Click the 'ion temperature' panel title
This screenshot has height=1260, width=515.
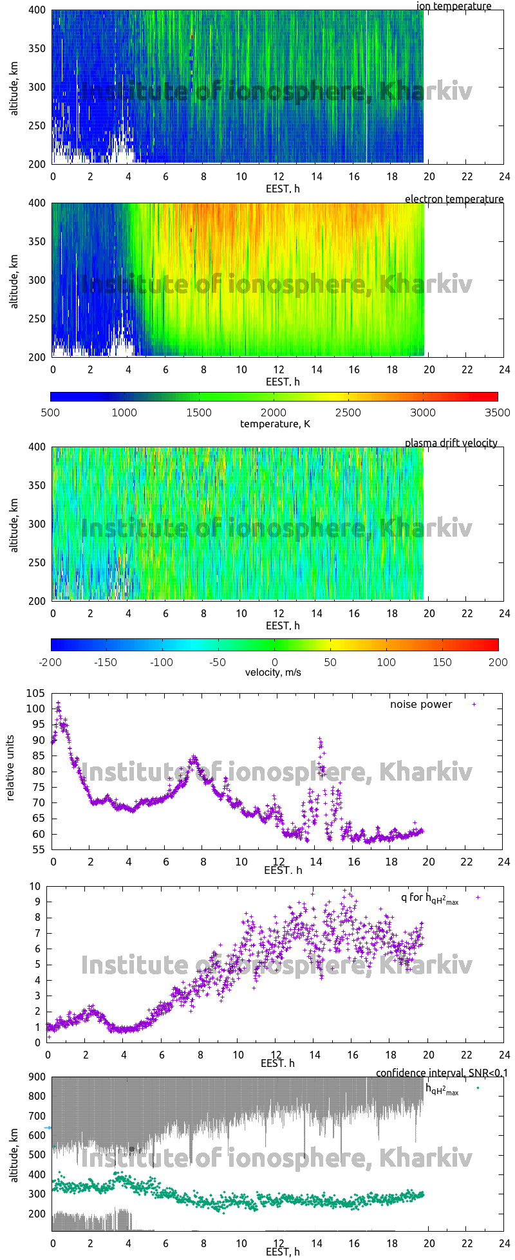(x=454, y=6)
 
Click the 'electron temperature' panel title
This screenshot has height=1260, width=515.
(x=454, y=199)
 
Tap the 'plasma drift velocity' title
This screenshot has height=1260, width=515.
(x=451, y=443)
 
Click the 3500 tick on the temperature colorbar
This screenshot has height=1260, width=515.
(x=497, y=412)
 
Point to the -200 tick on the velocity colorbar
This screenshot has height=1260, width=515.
(x=51, y=662)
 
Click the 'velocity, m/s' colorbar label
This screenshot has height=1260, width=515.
(x=273, y=672)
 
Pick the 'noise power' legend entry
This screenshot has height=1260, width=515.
(x=421, y=704)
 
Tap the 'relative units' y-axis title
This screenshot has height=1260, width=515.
(x=10, y=771)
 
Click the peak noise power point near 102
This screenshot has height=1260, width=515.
(x=58, y=703)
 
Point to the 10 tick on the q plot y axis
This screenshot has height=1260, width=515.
(x=37, y=886)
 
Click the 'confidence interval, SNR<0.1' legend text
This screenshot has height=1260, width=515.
(x=442, y=1073)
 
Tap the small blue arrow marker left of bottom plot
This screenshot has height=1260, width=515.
(x=48, y=1128)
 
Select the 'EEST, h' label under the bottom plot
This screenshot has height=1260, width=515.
(x=283, y=1252)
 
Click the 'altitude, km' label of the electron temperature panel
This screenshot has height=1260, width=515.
(x=14, y=280)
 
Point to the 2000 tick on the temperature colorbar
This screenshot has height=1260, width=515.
(x=274, y=412)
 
